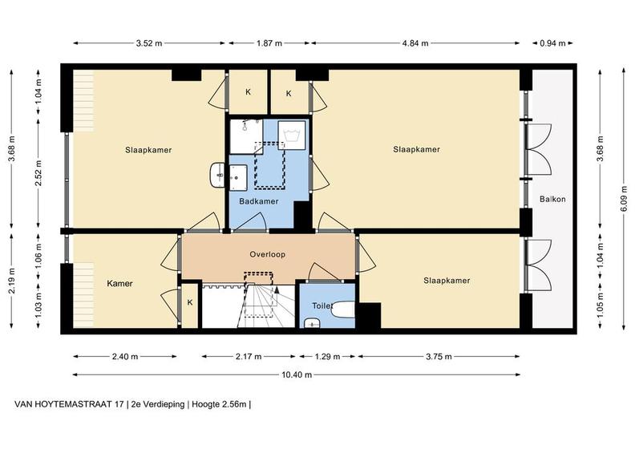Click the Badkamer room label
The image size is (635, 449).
(258, 201)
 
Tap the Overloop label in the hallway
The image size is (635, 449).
(267, 254)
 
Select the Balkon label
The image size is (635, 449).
(552, 199)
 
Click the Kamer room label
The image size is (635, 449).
(120, 283)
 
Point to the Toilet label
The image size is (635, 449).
(322, 305)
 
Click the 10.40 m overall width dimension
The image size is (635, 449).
(297, 375)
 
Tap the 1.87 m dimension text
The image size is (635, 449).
(269, 43)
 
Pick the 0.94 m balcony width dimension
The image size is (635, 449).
(552, 43)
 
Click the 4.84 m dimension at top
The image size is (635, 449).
(415, 43)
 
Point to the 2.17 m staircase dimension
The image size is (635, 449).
(249, 357)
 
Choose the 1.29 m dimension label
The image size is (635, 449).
(327, 357)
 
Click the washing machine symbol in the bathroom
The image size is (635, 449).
(292, 135)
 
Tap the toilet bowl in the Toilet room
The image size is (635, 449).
(343, 309)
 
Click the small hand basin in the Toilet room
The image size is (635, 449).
(312, 322)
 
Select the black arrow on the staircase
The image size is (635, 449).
(277, 289)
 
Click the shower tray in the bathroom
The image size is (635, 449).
(246, 136)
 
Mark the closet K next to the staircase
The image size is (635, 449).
(189, 305)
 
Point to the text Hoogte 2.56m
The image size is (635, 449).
(219, 404)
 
